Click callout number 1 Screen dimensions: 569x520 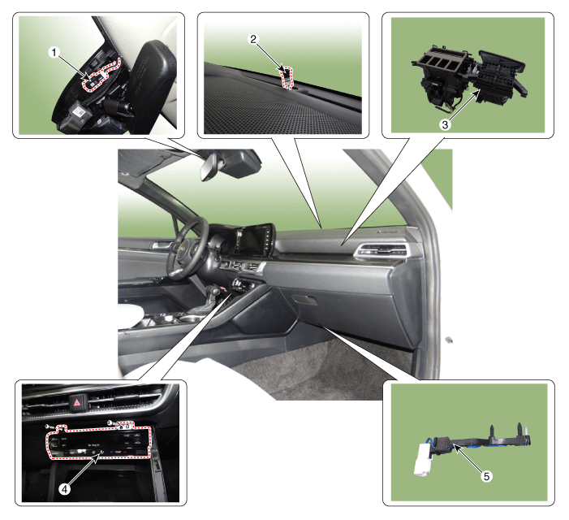[x=54, y=53]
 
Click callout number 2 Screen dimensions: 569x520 [x=253, y=39]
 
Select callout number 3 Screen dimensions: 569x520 [x=445, y=125]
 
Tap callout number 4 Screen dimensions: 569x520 [x=65, y=489]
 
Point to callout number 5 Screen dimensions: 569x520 [x=487, y=476]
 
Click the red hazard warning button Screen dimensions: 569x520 [x=78, y=402]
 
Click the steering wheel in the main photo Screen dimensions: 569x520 [x=186, y=249]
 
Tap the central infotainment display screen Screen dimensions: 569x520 [x=253, y=240]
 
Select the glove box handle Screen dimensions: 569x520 [x=304, y=300]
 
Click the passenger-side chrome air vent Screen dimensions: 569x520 [x=381, y=251]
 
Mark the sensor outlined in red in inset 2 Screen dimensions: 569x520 [x=287, y=77]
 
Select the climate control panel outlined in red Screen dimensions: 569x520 [x=99, y=441]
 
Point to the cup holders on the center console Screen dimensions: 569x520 [x=182, y=318]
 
